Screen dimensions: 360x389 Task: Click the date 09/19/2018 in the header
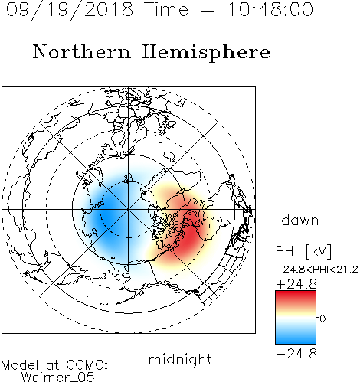tap(70, 9)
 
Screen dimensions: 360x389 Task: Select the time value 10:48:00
tap(270, 9)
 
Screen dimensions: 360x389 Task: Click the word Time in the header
tap(166, 9)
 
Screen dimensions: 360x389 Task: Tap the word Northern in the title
tap(82, 52)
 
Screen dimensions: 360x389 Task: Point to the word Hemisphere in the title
tap(206, 52)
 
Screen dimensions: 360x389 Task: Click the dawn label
tap(300, 221)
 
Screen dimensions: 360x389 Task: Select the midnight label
tap(180, 360)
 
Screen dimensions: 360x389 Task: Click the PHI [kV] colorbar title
tap(304, 251)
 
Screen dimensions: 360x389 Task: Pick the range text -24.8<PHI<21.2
tap(317, 270)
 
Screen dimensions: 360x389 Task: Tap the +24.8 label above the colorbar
tap(296, 284)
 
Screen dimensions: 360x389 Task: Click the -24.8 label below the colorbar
tap(296, 354)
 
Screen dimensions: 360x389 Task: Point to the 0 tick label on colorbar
tap(322, 319)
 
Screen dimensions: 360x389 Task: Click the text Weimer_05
tap(58, 378)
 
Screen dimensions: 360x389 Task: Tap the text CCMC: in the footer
tap(87, 365)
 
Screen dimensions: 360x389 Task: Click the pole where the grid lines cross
tap(129, 210)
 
